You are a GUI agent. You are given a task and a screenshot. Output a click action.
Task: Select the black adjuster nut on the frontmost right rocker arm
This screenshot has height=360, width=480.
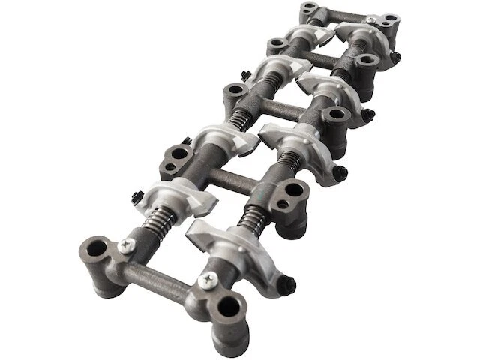tap(287, 285)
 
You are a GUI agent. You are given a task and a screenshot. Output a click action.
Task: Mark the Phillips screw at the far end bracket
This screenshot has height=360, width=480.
tap(370, 19)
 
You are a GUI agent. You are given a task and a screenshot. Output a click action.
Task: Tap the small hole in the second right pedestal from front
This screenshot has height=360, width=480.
tap(283, 204)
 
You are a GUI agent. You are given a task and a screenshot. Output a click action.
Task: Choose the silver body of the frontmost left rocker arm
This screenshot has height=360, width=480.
tap(181, 197)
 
